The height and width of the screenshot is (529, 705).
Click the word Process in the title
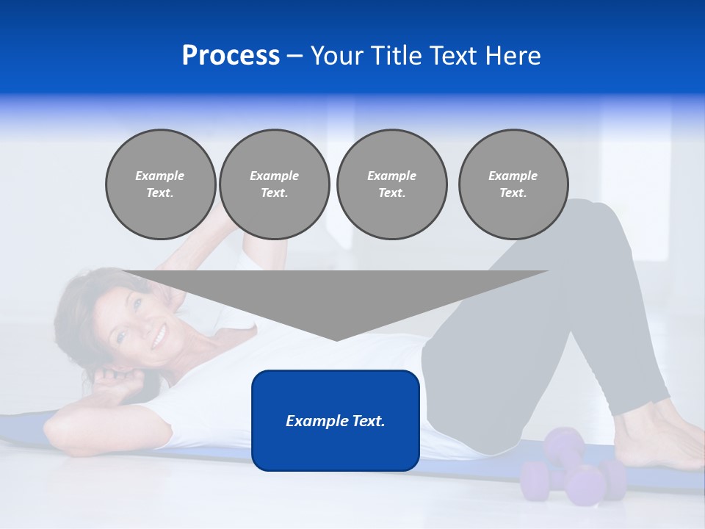[231, 56]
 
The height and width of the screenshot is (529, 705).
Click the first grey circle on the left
[160, 184]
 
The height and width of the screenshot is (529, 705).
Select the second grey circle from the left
[274, 184]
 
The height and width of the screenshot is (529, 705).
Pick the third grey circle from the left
[391, 184]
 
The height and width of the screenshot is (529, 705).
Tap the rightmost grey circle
[513, 184]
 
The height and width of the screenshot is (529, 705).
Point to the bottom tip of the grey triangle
[336, 339]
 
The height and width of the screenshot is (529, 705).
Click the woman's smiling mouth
[159, 338]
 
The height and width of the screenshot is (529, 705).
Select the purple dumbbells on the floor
[573, 470]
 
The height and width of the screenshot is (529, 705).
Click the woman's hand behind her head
[117, 382]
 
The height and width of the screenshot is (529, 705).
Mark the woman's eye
[137, 303]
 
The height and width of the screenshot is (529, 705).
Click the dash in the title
[294, 56]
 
